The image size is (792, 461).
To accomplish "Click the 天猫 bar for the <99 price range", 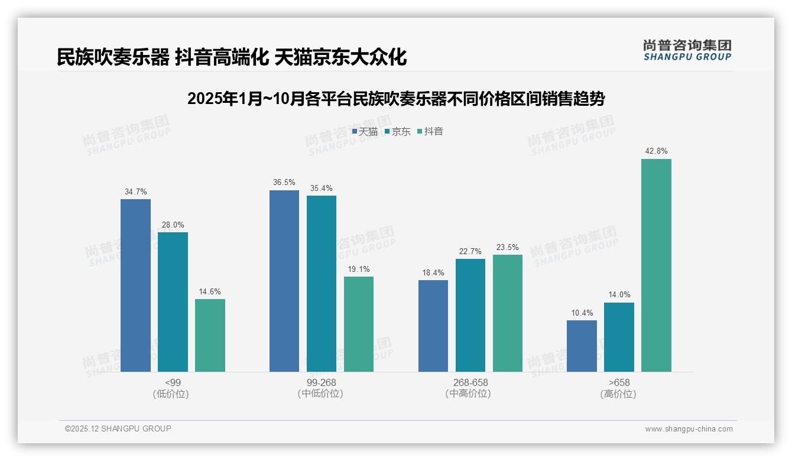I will pos(135,285).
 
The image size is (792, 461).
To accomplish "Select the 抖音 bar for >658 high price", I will pos(656,265).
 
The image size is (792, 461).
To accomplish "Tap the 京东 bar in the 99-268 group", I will pos(322,284).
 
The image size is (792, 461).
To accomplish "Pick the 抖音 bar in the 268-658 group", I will pos(508,313).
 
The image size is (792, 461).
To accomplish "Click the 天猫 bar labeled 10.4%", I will pos(582,346).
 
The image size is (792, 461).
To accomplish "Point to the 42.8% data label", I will pos(656,151).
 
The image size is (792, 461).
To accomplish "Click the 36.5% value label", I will pos(284,183).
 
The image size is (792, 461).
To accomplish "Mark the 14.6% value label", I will pos(210,291).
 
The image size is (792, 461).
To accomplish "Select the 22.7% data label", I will pos(470,251).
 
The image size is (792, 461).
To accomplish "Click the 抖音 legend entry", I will pos(430,132).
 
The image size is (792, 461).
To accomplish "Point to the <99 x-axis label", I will pos(173,382).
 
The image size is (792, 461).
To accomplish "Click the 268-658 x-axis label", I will pos(470,382).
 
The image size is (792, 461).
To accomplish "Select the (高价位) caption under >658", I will pos(618,394).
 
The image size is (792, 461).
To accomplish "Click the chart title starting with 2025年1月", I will pos(396,99).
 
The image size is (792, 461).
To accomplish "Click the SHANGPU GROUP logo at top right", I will pos(687,50).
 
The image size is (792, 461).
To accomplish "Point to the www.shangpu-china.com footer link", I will pos(689,429).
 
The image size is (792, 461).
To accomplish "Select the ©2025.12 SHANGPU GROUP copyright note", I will pos(118,428).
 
